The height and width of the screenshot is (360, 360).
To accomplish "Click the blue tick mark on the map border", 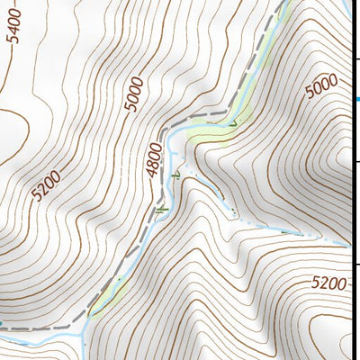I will point(355,99).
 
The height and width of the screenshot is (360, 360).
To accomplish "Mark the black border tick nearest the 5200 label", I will point(356,264).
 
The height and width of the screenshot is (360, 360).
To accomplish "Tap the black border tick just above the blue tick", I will point(356,58).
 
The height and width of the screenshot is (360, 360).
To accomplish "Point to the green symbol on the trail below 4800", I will point(160,209).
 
